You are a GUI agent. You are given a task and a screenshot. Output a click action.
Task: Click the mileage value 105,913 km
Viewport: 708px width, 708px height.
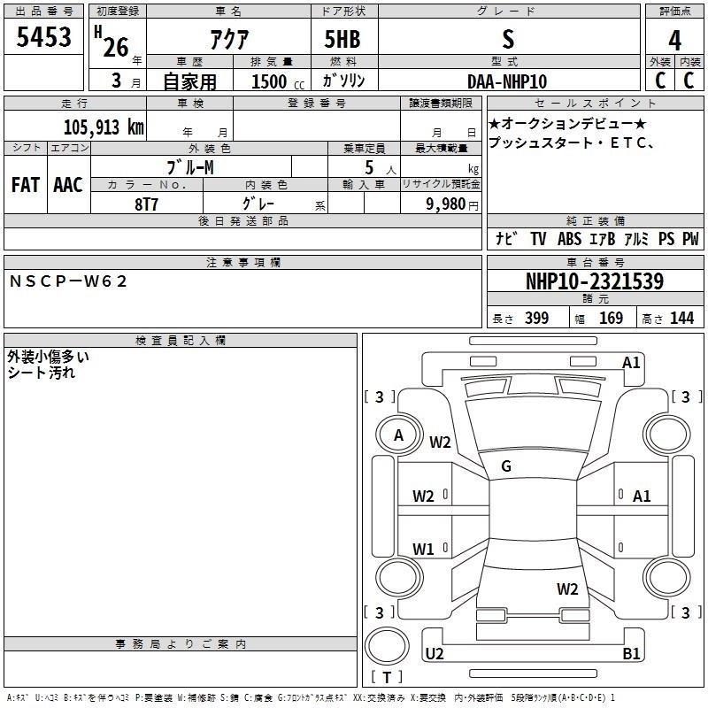point(104,127)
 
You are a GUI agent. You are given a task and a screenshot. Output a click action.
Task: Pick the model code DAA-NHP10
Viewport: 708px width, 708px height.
point(507,81)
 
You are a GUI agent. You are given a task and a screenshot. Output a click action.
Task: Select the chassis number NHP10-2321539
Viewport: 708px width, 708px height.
point(594,281)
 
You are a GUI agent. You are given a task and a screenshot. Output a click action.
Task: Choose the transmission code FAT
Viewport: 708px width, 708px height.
point(26,185)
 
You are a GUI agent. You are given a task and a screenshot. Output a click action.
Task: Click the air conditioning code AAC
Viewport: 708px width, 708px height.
point(68,185)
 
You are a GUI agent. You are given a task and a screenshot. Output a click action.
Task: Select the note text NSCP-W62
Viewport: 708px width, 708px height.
point(69,281)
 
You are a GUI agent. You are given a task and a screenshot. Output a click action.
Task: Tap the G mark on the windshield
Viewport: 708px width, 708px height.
point(506,466)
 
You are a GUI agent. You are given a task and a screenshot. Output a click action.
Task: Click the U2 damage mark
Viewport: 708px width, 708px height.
point(435,654)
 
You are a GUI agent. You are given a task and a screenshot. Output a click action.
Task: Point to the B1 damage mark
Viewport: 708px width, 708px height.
point(631,654)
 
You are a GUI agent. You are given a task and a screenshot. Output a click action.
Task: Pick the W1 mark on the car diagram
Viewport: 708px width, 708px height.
point(424,550)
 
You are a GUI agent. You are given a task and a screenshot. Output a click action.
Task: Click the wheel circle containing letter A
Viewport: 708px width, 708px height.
point(398,435)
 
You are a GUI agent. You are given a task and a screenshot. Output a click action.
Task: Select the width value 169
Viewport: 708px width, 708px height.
point(611,319)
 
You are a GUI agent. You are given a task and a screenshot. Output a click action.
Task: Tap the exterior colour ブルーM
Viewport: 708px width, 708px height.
point(191,167)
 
